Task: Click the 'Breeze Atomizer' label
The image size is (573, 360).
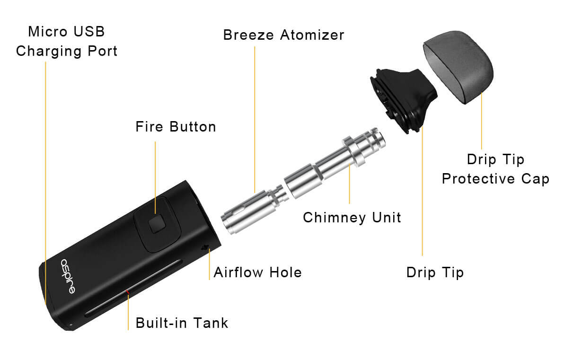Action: tap(284, 35)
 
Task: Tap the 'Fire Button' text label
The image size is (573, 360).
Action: tap(176, 127)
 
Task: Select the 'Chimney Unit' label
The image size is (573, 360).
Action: tap(352, 218)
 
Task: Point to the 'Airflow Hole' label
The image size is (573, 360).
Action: tap(258, 272)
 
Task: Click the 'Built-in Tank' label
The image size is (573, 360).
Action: tap(182, 323)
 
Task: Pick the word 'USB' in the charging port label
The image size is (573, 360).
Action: tap(89, 31)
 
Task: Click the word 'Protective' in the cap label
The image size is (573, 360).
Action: tap(478, 178)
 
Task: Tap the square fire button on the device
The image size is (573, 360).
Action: tap(157, 224)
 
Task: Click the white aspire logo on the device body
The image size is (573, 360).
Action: tap(68, 276)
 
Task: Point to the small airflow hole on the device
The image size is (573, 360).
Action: tap(204, 247)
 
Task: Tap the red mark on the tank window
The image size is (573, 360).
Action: tap(127, 291)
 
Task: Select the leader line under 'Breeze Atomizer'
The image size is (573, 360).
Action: tap(255, 119)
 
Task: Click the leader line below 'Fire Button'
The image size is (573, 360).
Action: tap(155, 178)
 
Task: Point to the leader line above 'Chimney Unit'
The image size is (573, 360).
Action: tap(349, 184)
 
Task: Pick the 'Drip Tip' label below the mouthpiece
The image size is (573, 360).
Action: tap(435, 272)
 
